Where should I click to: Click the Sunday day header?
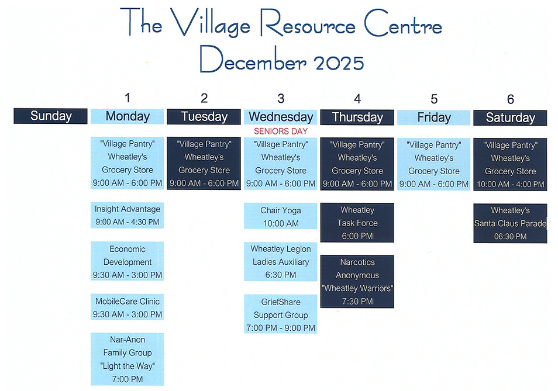[51, 116]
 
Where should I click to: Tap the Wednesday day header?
[281, 117]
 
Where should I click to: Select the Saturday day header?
[510, 117]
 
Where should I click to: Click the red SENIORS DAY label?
[281, 132]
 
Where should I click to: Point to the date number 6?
[511, 99]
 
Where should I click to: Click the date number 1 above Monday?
[128, 98]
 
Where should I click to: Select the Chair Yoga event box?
[281, 216]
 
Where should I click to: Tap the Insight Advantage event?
[128, 216]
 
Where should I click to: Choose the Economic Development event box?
[128, 262]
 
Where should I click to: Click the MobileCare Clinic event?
[128, 307]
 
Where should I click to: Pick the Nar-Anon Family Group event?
[128, 359]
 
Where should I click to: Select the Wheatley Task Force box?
[357, 223]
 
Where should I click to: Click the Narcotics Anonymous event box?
[357, 282]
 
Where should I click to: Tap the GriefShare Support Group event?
[281, 314]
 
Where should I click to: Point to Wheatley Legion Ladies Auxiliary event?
[281, 262]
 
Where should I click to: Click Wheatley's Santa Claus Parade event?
[510, 223]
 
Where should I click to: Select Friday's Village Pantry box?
[434, 164]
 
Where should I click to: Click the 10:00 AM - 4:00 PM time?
[510, 184]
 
